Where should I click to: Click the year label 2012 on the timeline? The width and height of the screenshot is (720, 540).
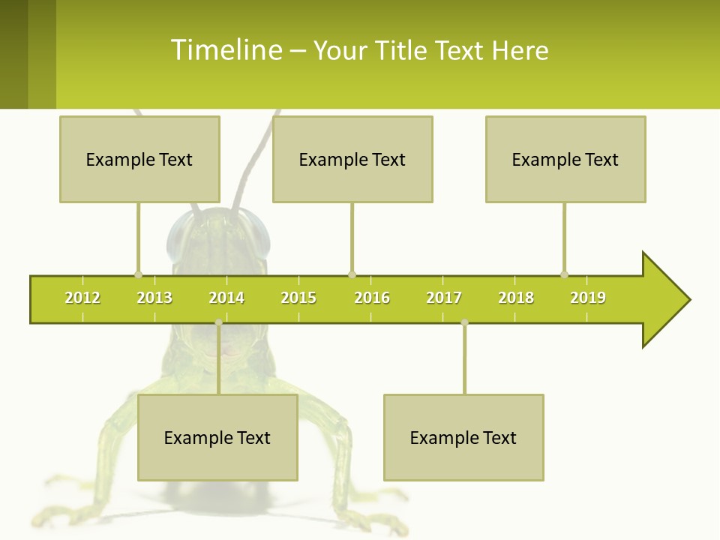point(82,298)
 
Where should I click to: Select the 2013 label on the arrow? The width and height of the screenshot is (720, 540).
point(154,298)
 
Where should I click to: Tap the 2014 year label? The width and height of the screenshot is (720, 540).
point(226,298)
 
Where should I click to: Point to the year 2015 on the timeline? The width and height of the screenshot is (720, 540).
point(298,298)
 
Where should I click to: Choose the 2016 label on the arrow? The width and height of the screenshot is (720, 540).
point(372,298)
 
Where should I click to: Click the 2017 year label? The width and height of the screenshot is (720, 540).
point(444,298)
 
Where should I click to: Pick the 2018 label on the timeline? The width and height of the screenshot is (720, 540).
point(516,298)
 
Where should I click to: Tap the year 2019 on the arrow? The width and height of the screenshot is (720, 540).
point(588,298)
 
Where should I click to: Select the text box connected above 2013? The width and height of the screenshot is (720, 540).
point(139,159)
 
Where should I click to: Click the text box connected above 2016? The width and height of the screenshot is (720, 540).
point(352,159)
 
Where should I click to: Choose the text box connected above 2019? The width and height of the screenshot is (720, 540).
point(565,159)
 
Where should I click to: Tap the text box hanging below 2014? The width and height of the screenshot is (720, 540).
point(217,437)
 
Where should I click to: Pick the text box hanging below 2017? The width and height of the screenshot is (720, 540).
point(463,437)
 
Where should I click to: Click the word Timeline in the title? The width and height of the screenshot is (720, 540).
point(226,50)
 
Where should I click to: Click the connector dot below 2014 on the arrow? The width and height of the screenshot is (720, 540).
point(218,322)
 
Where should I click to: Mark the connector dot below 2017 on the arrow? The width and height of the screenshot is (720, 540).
point(464,322)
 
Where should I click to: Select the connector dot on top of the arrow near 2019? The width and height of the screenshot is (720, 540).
point(565,274)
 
